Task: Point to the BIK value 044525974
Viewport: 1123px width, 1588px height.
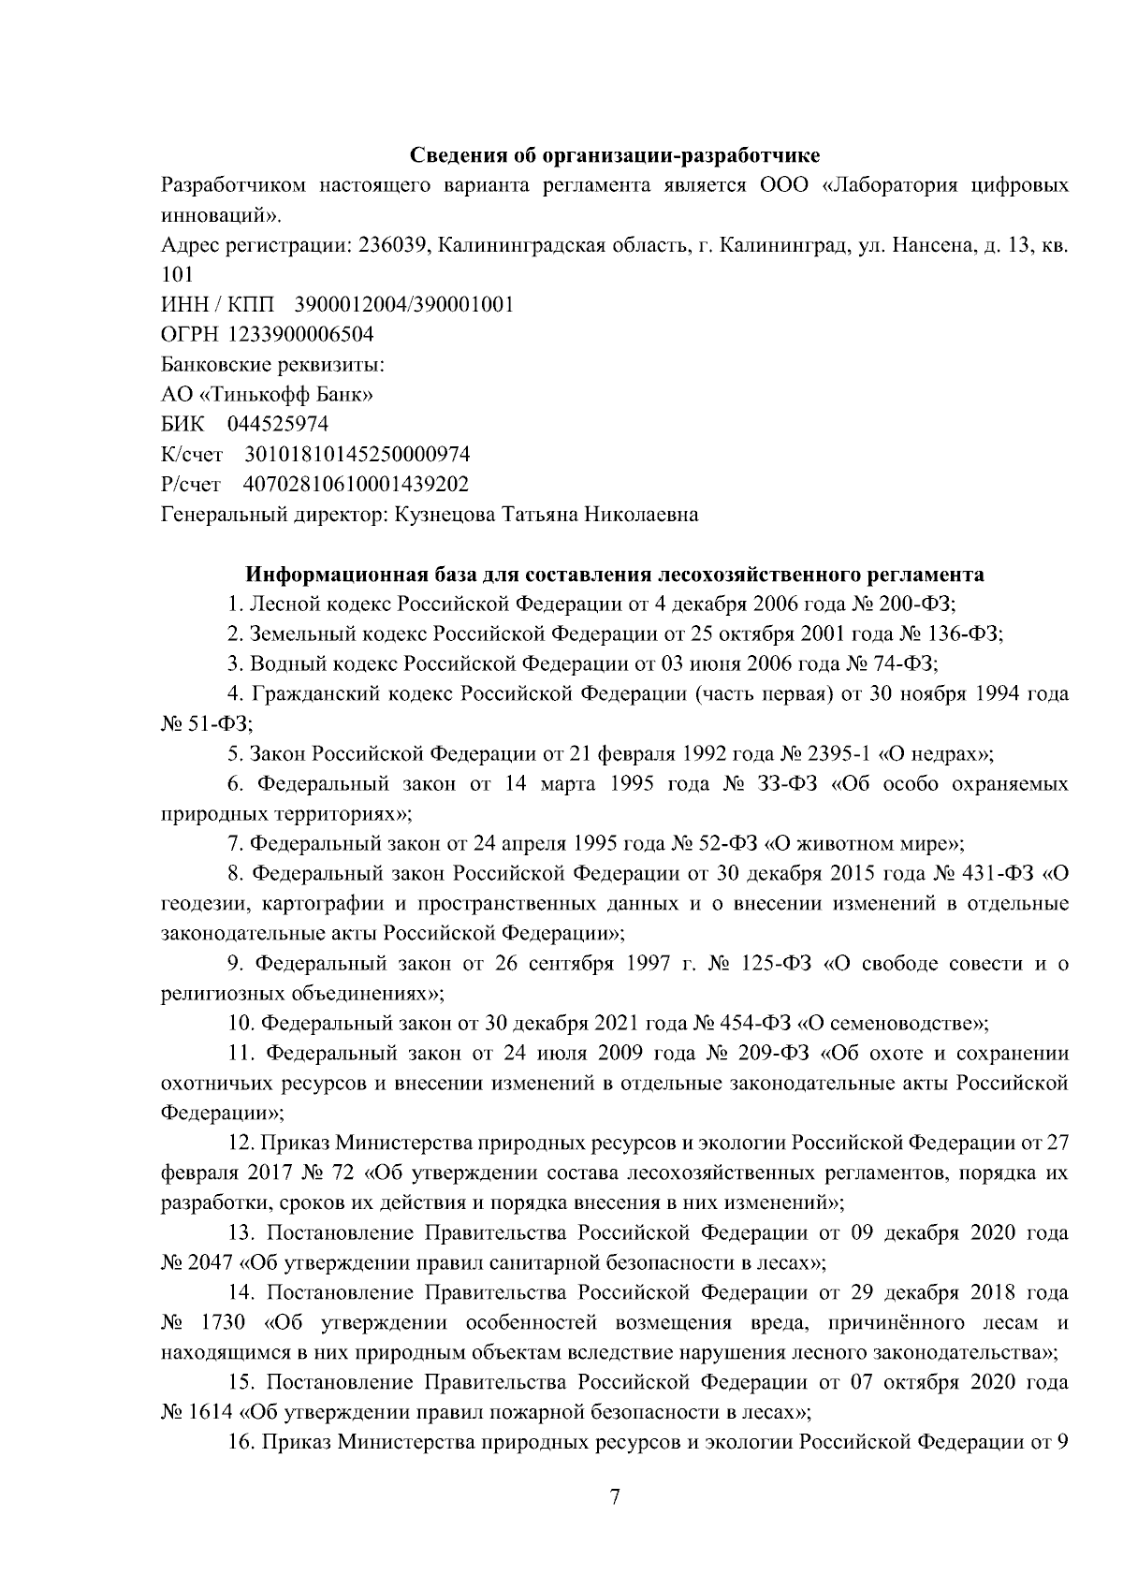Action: (x=278, y=425)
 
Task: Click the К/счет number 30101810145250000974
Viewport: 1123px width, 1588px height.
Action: (x=357, y=455)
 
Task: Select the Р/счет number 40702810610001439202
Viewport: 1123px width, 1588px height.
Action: (x=356, y=485)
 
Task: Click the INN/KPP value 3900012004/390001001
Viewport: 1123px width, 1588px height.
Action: (x=403, y=305)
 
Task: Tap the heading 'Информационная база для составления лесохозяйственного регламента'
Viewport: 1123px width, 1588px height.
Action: (x=615, y=574)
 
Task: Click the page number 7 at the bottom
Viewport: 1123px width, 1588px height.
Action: (x=614, y=1497)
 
